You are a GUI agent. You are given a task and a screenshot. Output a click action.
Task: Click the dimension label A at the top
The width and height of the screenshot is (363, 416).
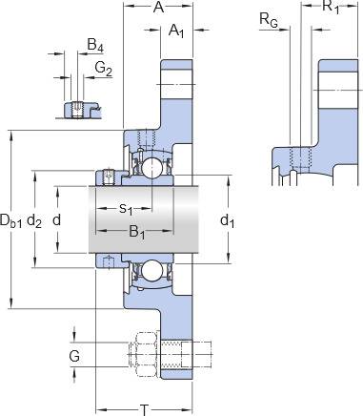[x=158, y=7]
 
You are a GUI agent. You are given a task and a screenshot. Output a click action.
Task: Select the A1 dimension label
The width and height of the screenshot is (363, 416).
[x=176, y=31]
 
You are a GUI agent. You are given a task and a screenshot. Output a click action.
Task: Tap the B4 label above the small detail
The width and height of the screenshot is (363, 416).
[x=95, y=46]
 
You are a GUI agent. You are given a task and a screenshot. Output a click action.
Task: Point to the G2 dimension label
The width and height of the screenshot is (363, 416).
[x=104, y=69]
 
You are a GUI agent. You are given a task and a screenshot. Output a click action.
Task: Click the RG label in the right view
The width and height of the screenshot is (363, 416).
[x=269, y=20]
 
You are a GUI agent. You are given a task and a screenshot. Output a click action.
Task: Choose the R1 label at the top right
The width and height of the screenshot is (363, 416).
[x=331, y=7]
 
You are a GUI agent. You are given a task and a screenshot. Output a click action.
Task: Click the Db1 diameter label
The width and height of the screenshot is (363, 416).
[x=11, y=220]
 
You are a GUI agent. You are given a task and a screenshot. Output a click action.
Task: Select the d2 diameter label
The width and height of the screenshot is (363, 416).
[x=34, y=220]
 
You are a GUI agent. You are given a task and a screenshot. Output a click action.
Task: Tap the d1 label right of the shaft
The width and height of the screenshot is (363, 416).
[x=228, y=220]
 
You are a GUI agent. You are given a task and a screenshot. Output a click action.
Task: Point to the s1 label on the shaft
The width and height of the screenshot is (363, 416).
[x=126, y=209]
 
